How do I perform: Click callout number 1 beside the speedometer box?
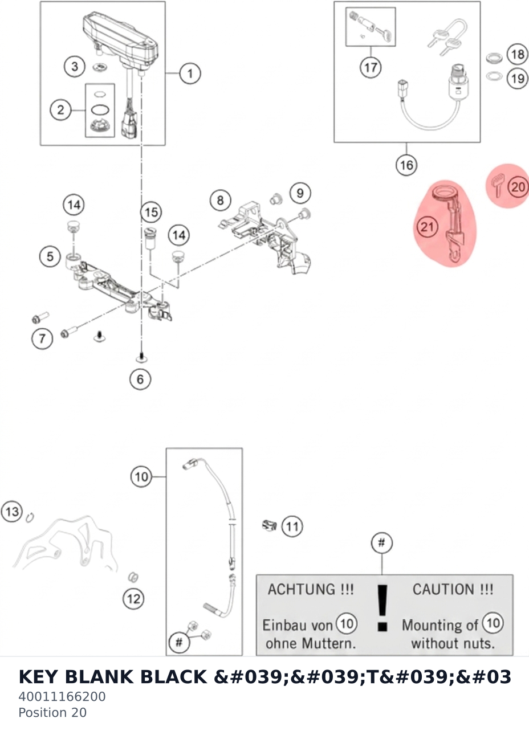click(190, 73)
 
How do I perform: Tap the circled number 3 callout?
click(75, 67)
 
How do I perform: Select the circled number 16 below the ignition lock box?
click(406, 165)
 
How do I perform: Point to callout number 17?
click(371, 68)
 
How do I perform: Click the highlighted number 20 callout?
click(518, 187)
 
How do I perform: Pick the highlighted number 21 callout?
click(427, 227)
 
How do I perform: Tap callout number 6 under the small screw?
click(140, 379)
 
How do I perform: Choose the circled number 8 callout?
click(221, 200)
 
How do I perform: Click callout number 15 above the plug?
click(152, 213)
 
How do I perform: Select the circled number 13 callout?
click(12, 512)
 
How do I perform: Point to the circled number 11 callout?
click(292, 526)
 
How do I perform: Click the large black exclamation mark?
click(382, 609)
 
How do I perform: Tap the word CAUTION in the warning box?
click(443, 590)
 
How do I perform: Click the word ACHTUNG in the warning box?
click(302, 590)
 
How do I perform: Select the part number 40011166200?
click(62, 696)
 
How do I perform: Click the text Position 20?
click(52, 712)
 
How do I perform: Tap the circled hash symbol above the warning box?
click(381, 543)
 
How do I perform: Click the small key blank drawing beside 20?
click(498, 186)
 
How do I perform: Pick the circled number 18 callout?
click(518, 54)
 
